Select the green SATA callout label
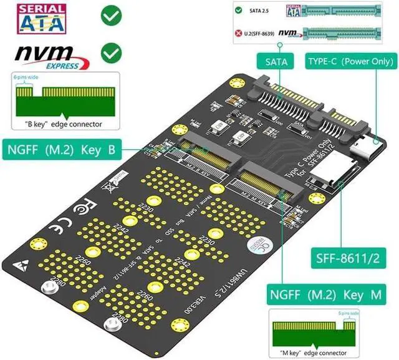[276, 61]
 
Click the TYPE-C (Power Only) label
[349, 61]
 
